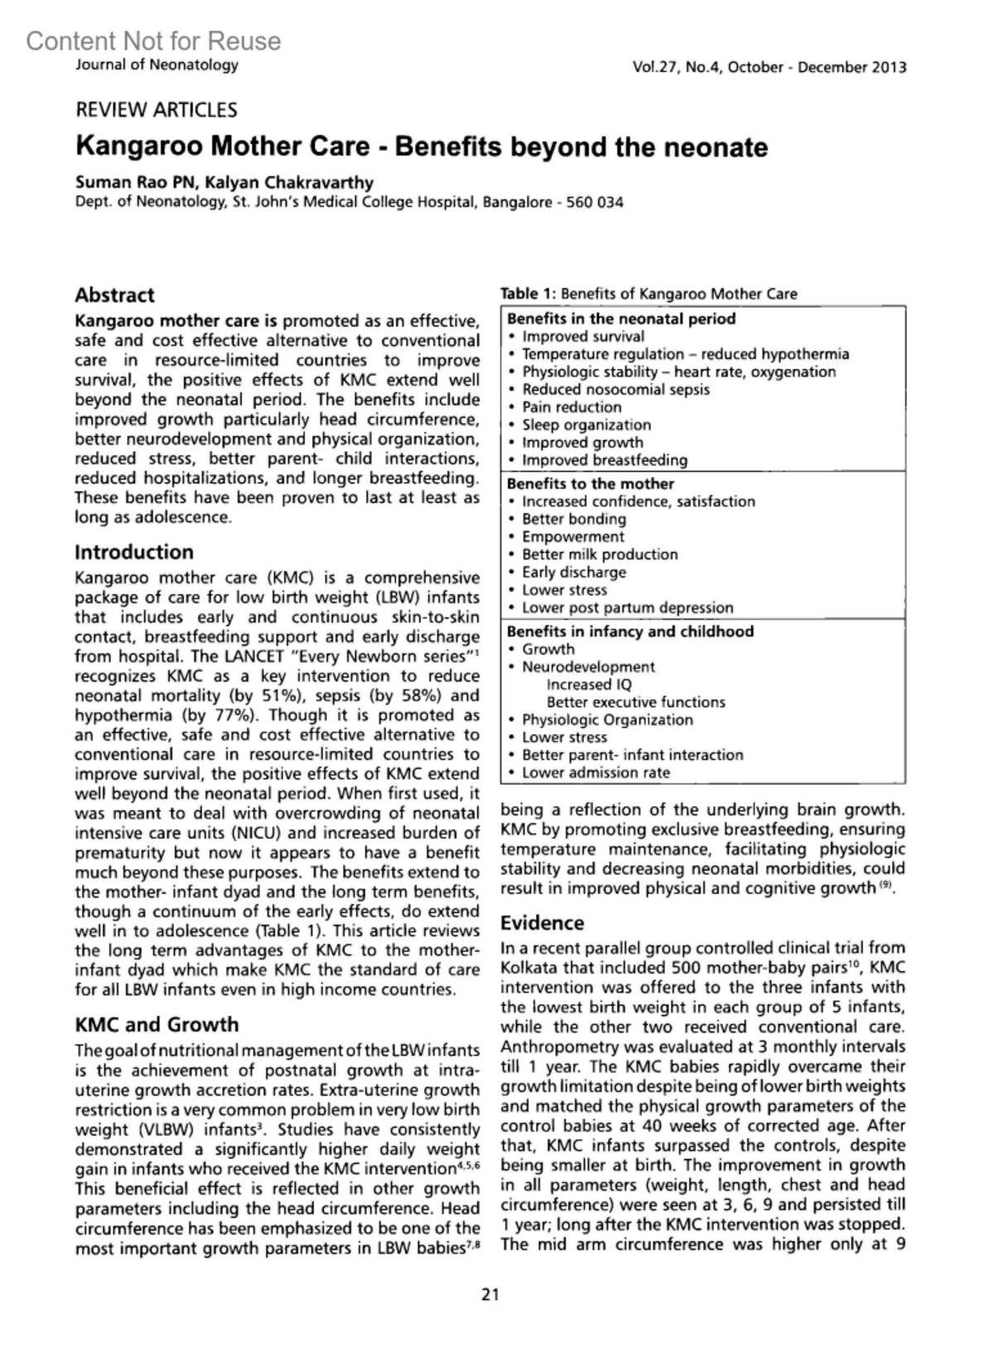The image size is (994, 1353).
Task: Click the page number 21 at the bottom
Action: click(490, 1294)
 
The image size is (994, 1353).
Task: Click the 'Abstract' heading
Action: click(114, 295)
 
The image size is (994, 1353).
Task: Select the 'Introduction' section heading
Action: click(133, 552)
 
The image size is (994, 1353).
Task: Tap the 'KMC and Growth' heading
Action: click(157, 1024)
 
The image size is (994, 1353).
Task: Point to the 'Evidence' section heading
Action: click(542, 923)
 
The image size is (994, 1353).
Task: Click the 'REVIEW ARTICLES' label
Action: click(156, 110)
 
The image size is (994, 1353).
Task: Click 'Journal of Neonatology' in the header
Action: click(157, 65)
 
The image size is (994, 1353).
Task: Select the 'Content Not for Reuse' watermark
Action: click(153, 41)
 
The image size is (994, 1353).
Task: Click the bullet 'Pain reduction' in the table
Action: click(572, 407)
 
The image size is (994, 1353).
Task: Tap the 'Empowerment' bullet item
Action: click(573, 537)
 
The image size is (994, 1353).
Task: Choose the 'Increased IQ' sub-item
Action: click(589, 684)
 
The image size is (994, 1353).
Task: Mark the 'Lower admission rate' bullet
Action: click(596, 772)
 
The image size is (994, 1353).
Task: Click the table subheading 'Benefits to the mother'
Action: click(590, 484)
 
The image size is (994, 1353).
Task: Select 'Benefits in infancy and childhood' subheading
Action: click(630, 631)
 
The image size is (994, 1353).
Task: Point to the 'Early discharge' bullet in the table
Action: click(574, 572)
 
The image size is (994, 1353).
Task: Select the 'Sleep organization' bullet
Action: click(586, 425)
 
